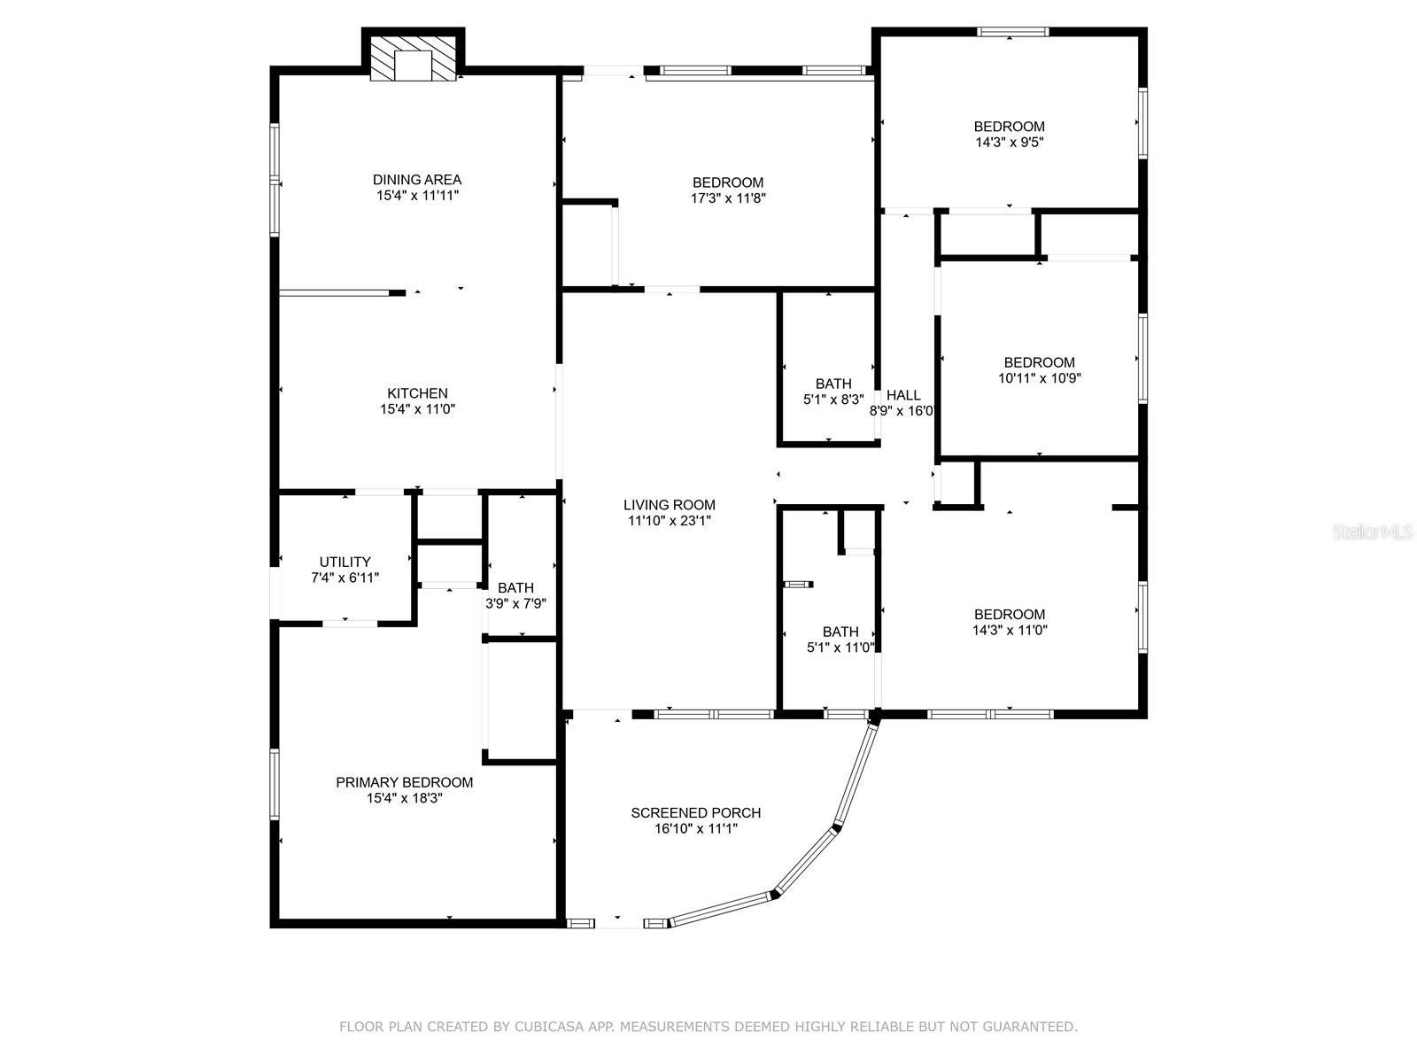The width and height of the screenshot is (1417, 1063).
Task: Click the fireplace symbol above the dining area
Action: click(x=413, y=58)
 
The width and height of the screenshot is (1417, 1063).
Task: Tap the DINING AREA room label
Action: click(x=417, y=180)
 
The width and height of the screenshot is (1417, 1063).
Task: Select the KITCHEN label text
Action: click(x=417, y=393)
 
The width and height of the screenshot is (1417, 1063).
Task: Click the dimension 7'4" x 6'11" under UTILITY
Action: click(x=345, y=578)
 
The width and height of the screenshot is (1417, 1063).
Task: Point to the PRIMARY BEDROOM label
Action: click(x=404, y=782)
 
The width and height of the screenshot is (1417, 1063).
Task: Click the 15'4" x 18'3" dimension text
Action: click(x=404, y=798)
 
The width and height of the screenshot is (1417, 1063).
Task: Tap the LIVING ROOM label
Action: click(x=669, y=505)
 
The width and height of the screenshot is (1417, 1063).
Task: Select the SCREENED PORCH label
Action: click(x=695, y=812)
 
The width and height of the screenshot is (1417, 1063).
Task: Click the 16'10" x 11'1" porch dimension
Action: click(x=695, y=829)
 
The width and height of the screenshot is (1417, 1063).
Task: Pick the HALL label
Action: click(x=903, y=395)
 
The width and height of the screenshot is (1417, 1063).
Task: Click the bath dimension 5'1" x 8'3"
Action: click(x=832, y=400)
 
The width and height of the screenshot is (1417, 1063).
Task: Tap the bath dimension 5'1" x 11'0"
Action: click(x=840, y=648)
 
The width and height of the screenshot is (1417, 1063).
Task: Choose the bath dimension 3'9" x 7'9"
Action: click(x=515, y=604)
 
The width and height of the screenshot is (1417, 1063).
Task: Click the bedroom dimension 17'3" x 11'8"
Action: click(x=728, y=198)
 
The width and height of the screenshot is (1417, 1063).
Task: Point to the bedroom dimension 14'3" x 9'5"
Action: click(x=1009, y=142)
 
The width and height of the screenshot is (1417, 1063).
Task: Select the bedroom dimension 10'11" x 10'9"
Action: click(x=1039, y=378)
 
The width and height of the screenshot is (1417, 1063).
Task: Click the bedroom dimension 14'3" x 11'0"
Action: click(x=1009, y=630)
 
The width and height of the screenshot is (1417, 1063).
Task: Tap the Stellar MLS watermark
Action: click(x=1373, y=532)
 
